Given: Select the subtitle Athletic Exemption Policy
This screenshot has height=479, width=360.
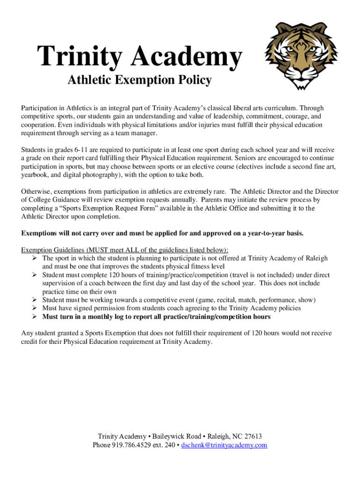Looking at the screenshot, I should pyautogui.click(x=139, y=81).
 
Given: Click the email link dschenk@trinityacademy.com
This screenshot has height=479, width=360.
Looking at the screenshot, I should pyautogui.click(x=224, y=445).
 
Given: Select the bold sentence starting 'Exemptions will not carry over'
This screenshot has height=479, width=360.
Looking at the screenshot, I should pyautogui.click(x=162, y=233).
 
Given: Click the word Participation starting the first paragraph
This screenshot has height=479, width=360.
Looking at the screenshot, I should pyautogui.click(x=41, y=108).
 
